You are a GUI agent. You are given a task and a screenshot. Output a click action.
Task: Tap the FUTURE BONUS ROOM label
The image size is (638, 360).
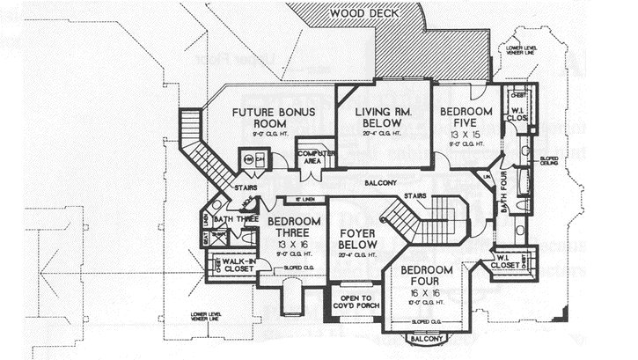[266, 119]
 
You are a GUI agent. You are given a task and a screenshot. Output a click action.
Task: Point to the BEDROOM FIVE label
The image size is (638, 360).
[466, 118]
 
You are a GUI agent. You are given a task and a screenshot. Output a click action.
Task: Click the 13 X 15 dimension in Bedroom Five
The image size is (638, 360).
[466, 137]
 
